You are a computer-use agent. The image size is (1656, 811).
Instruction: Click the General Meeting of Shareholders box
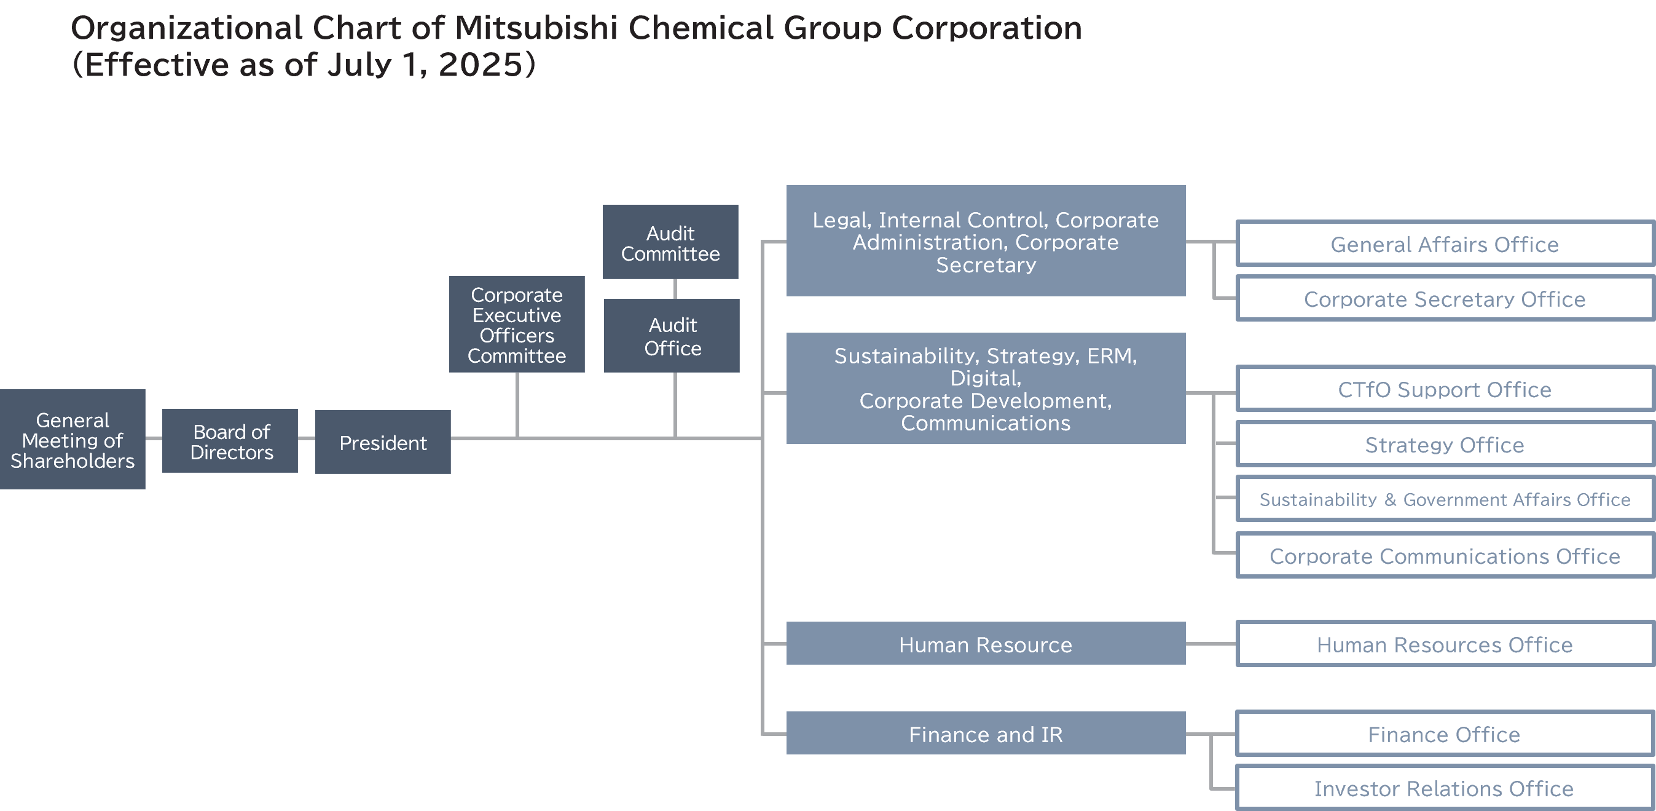pos(73,440)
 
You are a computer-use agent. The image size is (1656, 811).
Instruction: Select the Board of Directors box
pos(230,442)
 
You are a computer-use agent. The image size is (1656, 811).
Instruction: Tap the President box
pos(382,443)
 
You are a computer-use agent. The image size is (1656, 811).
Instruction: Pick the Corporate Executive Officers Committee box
pos(517,325)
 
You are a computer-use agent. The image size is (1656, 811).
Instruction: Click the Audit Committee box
pos(670,242)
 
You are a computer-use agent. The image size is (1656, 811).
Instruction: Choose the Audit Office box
pos(672,336)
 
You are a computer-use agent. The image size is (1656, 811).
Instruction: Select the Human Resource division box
pos(986,644)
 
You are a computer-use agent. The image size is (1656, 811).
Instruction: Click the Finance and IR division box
pos(986,733)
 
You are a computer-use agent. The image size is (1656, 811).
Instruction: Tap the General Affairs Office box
pos(1444,243)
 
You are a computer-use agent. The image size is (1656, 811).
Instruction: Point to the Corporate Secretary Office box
pos(1444,298)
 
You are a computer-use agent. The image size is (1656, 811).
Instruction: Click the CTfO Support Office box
pos(1444,389)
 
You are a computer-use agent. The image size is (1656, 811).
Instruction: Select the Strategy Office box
pos(1444,445)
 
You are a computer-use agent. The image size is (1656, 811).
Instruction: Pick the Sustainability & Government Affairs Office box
pos(1444,499)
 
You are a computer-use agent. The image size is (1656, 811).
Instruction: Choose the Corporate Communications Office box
pos(1444,556)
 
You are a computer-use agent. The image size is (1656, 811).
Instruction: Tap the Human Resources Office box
pos(1444,644)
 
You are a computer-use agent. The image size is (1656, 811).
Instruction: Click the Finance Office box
pos(1444,734)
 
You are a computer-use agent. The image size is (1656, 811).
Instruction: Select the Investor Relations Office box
pos(1444,788)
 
